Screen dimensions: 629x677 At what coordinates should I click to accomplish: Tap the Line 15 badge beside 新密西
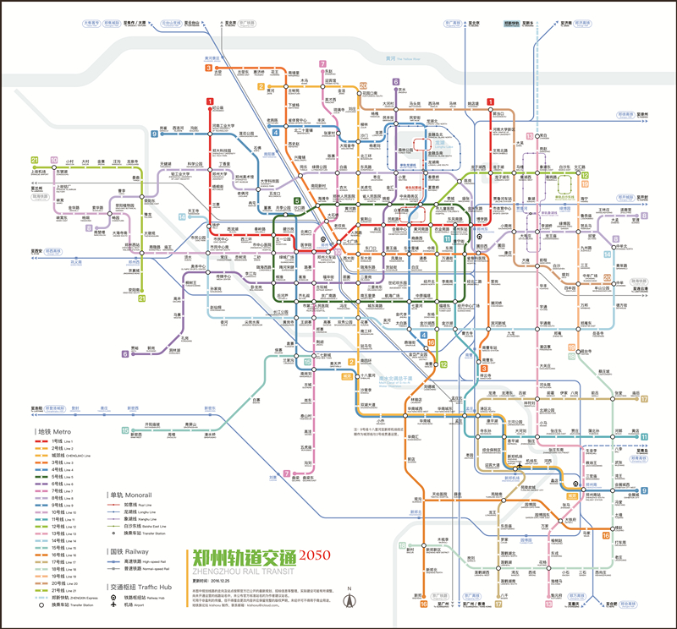click(x=126, y=431)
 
